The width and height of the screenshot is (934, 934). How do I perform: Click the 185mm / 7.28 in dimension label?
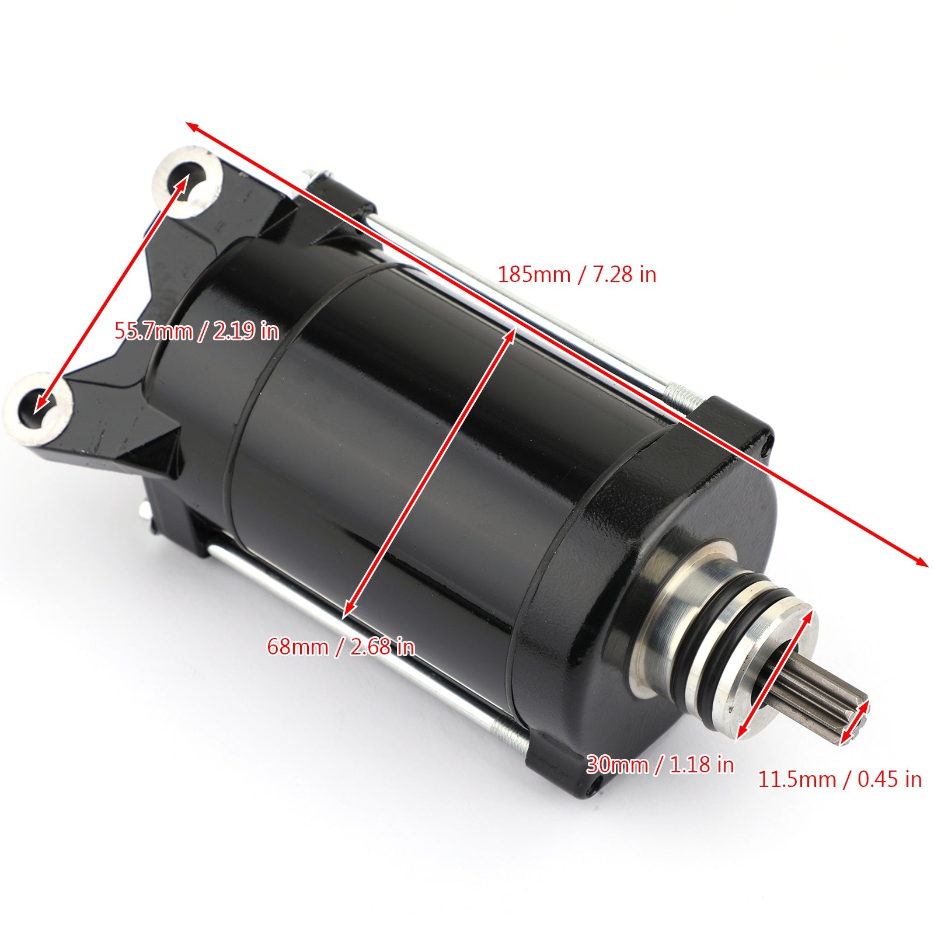577,274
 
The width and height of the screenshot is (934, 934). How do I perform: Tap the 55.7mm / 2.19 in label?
196,332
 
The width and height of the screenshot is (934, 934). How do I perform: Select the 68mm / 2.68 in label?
341,647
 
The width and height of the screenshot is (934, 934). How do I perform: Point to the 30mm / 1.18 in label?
660,764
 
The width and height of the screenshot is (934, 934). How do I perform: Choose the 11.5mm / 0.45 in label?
839,779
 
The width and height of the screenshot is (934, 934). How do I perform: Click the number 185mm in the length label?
534,274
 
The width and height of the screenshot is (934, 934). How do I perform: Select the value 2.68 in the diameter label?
371,647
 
